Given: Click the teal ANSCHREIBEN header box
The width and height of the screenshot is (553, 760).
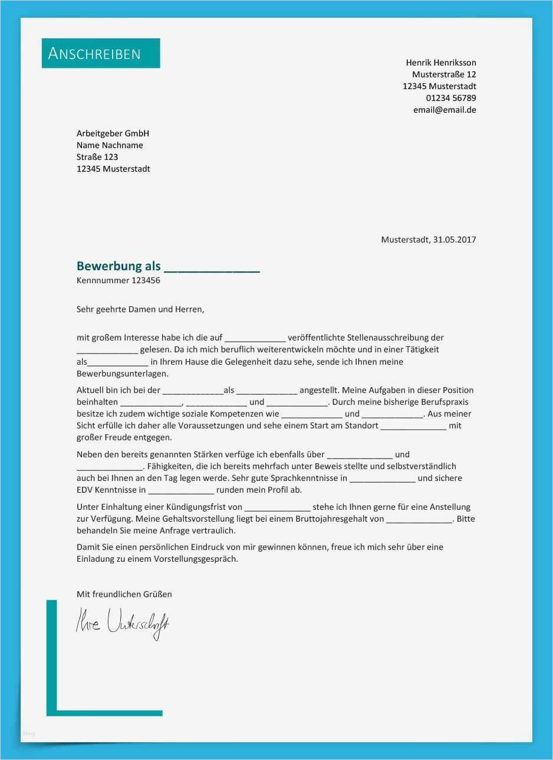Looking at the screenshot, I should coord(101,53).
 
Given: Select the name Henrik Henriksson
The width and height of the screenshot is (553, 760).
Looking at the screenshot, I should coord(440,63).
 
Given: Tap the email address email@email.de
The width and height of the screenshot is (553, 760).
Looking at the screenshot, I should coord(444,110).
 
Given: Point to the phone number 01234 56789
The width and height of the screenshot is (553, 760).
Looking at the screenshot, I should coord(450,98).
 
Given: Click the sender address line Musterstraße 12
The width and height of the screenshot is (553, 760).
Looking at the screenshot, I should coord(443,74).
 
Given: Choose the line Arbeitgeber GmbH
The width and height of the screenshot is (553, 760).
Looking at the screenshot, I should coord(113,133).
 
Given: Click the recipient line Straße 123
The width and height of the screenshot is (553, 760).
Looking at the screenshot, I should coord(97,157).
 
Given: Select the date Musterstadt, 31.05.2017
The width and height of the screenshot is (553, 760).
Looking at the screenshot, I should coord(428,240).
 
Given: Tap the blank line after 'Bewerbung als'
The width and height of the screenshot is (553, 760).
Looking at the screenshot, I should coord(212,268).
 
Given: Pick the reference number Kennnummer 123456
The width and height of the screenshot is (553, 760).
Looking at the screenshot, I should coord(118,280).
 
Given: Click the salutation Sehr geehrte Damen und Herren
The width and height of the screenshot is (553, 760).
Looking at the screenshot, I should coord(140,309).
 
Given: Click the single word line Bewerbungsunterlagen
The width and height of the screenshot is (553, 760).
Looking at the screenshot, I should coord(122,374).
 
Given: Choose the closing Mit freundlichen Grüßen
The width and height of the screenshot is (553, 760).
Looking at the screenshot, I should coord(124,594).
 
